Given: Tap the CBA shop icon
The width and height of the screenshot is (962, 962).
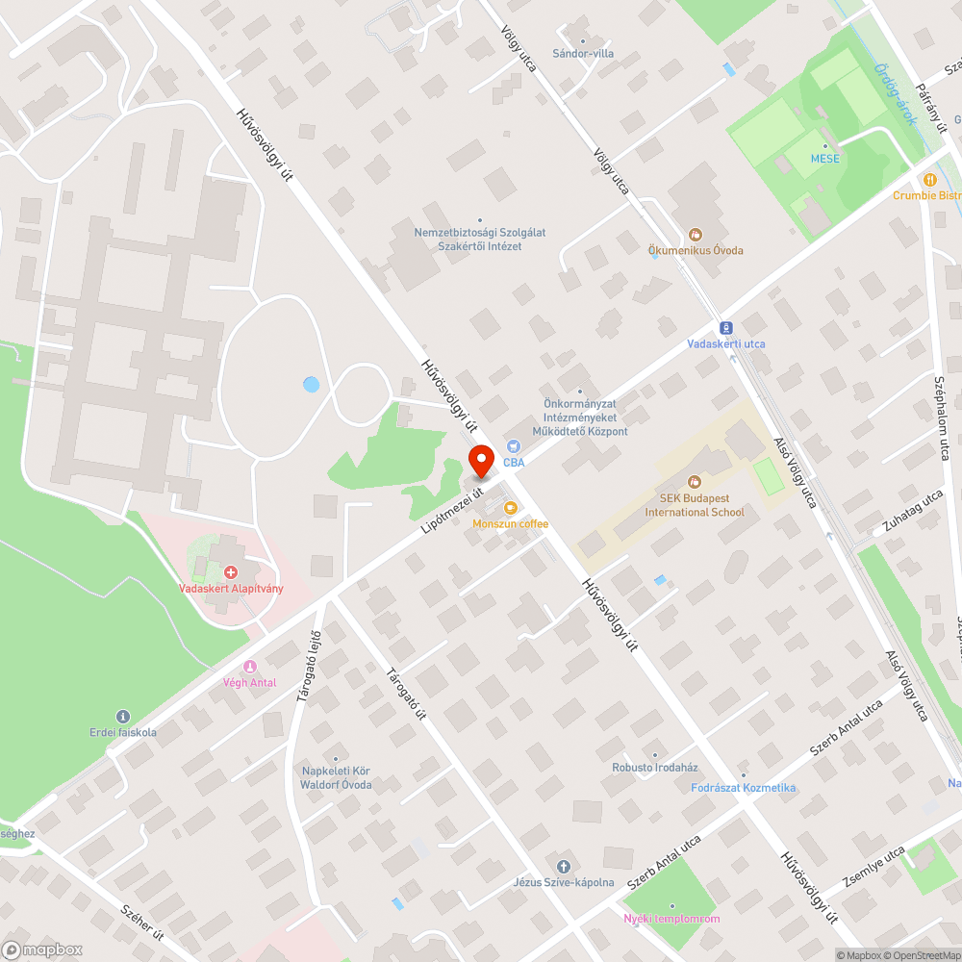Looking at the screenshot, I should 514,445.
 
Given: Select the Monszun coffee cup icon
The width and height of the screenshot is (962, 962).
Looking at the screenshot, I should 510,507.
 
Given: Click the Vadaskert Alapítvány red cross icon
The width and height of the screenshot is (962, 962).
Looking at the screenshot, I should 231,571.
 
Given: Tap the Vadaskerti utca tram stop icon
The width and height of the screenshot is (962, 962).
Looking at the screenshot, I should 725,327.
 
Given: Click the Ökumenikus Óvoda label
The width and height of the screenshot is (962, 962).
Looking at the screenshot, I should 696,250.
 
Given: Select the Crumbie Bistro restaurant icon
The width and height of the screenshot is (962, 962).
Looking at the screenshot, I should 929,179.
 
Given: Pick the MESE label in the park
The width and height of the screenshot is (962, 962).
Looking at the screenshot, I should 824,158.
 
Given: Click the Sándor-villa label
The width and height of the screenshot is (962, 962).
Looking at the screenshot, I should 583,54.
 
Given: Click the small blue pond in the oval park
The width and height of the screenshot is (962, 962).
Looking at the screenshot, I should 311,385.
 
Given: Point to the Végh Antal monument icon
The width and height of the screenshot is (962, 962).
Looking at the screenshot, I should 250,667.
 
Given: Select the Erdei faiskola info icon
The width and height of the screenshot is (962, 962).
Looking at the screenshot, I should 122,716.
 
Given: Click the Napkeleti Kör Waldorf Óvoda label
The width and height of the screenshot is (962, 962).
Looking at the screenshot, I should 336,777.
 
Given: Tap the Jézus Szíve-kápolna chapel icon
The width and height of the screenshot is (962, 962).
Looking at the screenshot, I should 564,866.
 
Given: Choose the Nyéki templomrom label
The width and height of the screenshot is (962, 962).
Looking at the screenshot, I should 671,919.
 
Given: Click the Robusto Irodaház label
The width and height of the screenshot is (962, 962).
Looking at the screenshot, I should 655,768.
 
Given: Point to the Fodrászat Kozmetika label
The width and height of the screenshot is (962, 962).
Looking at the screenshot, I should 744,788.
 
